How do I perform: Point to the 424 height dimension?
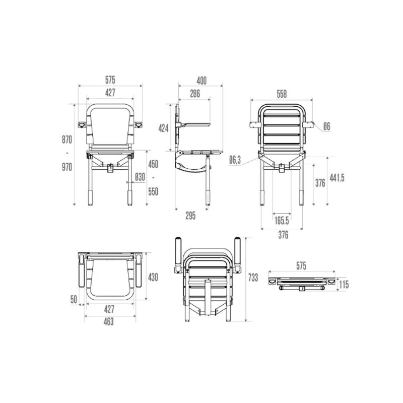tap(163, 128)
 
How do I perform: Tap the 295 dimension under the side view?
tap(190, 216)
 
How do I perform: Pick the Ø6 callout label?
tap(326, 126)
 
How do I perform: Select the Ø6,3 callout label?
tap(235, 160)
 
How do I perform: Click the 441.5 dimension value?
tap(337, 177)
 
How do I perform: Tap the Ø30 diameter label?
tap(140, 176)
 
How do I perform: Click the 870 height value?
tap(67, 139)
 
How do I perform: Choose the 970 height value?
tap(67, 167)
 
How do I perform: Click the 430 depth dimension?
tap(153, 277)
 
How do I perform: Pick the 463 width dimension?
tap(109, 322)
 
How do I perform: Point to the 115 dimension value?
tap(345, 285)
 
